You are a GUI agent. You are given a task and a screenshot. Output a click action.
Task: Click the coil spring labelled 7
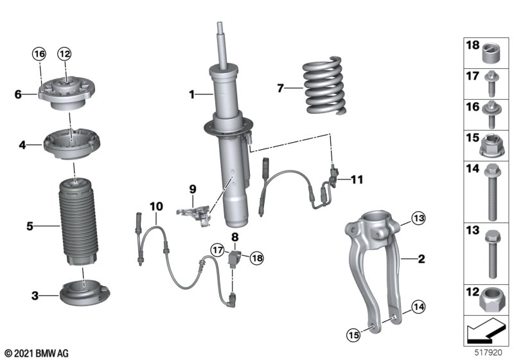point(324,86)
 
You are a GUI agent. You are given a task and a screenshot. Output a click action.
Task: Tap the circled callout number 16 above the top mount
point(39,54)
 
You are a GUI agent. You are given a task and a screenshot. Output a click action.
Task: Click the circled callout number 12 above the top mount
point(65,54)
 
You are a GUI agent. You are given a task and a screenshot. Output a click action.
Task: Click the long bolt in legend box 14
point(492,192)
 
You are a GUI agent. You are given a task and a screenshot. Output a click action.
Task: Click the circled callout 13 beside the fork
point(418,219)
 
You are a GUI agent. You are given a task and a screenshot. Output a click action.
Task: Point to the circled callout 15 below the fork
point(353,335)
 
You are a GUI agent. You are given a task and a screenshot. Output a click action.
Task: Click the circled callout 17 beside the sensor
point(218,251)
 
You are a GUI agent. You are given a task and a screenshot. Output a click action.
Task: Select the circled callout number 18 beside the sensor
point(257,258)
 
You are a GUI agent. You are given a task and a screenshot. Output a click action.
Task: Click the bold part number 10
point(156,206)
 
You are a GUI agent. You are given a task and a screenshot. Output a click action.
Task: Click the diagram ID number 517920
point(488,353)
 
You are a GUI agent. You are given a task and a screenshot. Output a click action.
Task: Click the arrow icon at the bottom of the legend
point(486,331)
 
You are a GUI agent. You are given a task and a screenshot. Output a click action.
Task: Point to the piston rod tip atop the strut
point(219,24)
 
